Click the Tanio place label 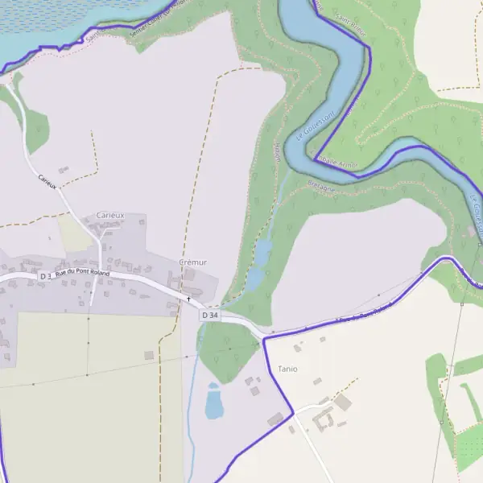(287, 369)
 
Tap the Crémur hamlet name (193, 262)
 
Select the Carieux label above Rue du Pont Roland (110, 216)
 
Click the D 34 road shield (210, 316)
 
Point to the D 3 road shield (45, 276)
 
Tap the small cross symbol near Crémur (189, 299)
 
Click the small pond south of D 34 (213, 402)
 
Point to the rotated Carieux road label (47, 181)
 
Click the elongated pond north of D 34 (257, 266)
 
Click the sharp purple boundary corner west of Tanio (264, 340)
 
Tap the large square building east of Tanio (343, 402)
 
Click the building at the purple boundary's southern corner (276, 419)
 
